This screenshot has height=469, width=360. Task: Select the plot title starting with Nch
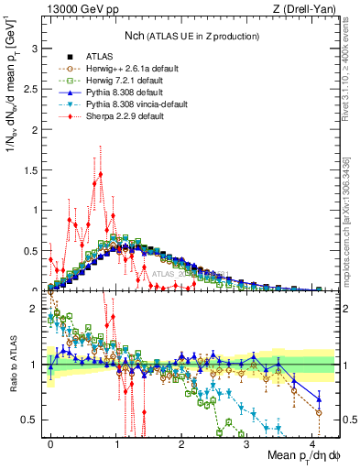pos(191,36)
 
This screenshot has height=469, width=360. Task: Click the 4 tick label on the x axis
pos(312,442)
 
